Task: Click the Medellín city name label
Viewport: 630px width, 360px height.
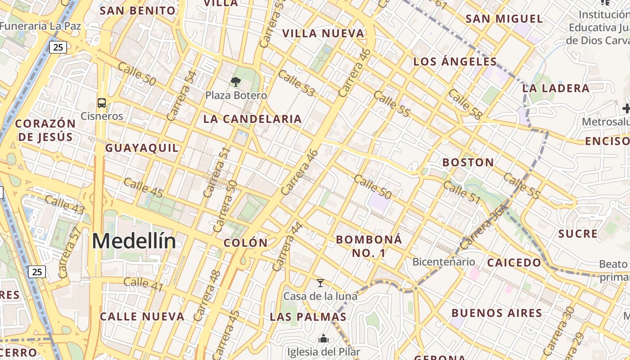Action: (134, 241)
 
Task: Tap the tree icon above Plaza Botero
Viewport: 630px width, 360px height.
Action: (235, 81)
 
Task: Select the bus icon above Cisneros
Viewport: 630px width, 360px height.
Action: (102, 103)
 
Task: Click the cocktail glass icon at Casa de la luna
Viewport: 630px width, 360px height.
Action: (320, 283)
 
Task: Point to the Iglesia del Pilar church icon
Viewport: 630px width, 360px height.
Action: (323, 338)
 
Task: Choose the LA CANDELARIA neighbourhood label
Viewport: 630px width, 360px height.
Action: (252, 119)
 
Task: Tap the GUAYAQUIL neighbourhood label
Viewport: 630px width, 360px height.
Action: (142, 148)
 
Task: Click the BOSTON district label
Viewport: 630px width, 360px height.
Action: (468, 162)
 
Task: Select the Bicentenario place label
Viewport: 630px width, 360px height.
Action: (443, 262)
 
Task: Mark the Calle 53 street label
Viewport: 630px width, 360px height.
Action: (296, 83)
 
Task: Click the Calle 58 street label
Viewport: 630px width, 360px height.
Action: (465, 104)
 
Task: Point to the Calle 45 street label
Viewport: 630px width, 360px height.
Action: (143, 187)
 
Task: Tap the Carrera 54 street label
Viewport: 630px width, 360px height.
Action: (182, 95)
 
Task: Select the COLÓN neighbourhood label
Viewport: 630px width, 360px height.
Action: (246, 243)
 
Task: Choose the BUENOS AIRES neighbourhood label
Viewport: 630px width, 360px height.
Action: (497, 313)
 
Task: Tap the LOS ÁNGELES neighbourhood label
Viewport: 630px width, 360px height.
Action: (455, 62)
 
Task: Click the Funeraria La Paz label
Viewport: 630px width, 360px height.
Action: (40, 26)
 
